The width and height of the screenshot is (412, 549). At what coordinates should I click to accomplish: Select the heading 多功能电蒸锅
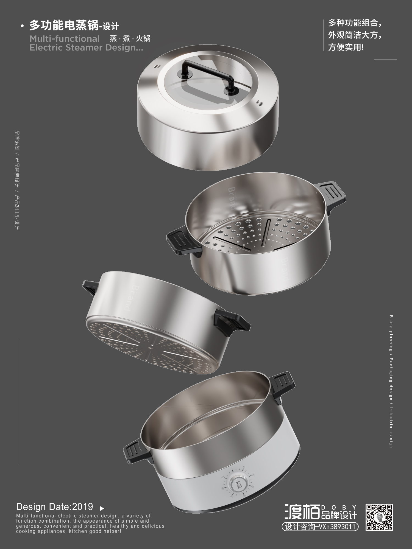pos(64,26)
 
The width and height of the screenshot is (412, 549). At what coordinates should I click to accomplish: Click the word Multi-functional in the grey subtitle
pos(65,39)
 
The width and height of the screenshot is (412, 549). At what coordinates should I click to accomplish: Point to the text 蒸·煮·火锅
pos(130,38)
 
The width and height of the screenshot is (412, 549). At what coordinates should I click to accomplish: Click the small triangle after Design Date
pos(102,508)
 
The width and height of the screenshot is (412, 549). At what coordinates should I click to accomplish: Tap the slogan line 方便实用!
pos(346,47)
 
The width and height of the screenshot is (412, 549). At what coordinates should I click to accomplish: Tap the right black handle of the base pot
pos(283,384)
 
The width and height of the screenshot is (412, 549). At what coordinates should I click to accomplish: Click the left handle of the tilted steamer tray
pos(91,287)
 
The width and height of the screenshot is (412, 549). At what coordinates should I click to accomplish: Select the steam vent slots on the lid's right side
pos(260,103)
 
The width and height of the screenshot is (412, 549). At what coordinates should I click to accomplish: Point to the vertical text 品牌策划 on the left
pos(17,141)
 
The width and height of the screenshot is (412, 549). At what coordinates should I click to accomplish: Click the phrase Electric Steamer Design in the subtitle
pos(86,47)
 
